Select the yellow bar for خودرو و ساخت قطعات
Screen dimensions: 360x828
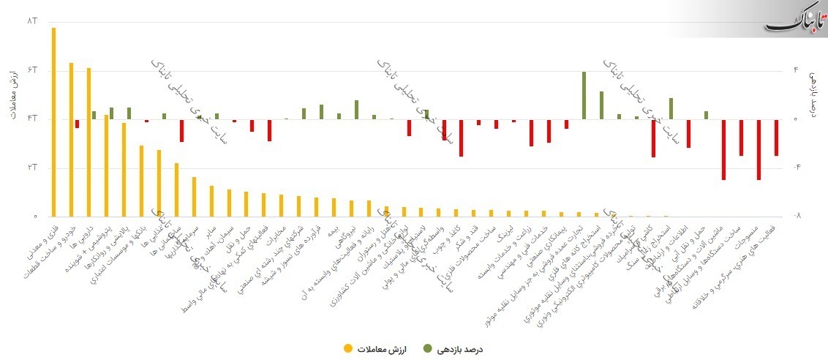pyautogui.click(x=71, y=139)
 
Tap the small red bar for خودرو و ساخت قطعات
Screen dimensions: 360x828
pyautogui.click(x=77, y=124)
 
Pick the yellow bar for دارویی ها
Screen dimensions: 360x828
pyautogui.click(x=89, y=142)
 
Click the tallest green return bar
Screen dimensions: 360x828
pyautogui.click(x=584, y=95)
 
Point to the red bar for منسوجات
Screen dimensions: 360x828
pyautogui.click(x=759, y=149)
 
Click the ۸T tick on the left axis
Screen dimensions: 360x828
pyautogui.click(x=31, y=21)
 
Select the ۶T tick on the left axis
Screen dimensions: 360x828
pyautogui.click(x=31, y=70)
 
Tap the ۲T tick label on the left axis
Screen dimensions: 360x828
pyautogui.click(x=31, y=168)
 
